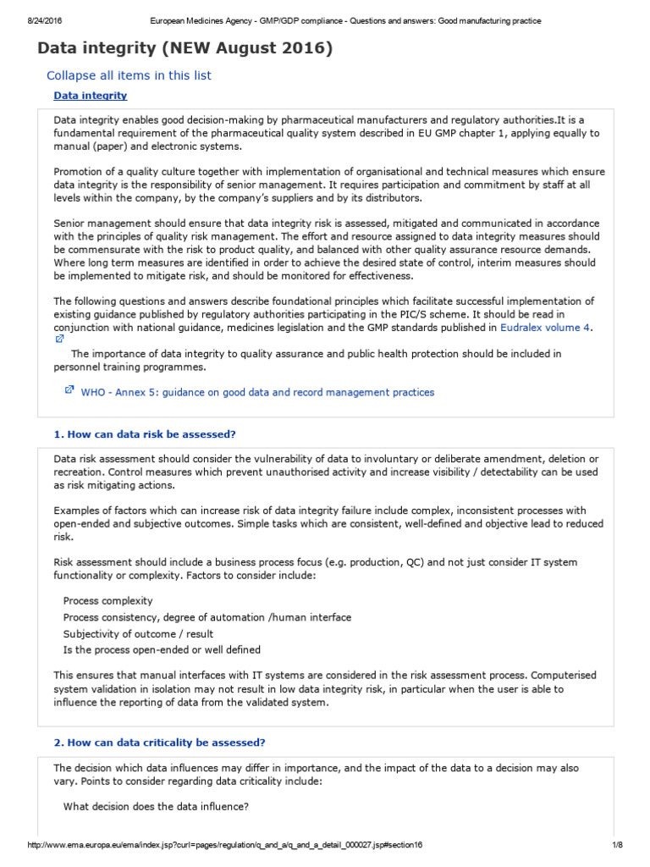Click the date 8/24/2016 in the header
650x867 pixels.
pos(30,20)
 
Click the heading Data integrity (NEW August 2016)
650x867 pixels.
pos(185,49)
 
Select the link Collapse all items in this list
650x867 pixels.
pos(129,75)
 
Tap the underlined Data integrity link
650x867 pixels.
pos(91,96)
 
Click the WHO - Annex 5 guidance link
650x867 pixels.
pos(257,392)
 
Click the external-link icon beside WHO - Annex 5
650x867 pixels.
pos(69,390)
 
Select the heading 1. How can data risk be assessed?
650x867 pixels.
pos(145,434)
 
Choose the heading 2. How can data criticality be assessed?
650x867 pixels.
pos(159,743)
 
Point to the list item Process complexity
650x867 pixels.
pos(107,600)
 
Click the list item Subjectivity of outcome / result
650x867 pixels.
pos(138,633)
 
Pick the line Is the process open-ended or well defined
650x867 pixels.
pos(162,649)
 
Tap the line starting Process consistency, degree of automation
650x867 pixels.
pos(207,617)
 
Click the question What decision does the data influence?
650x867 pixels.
pos(156,807)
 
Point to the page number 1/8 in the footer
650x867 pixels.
pos(616,848)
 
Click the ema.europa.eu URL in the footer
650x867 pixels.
pos(225,848)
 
